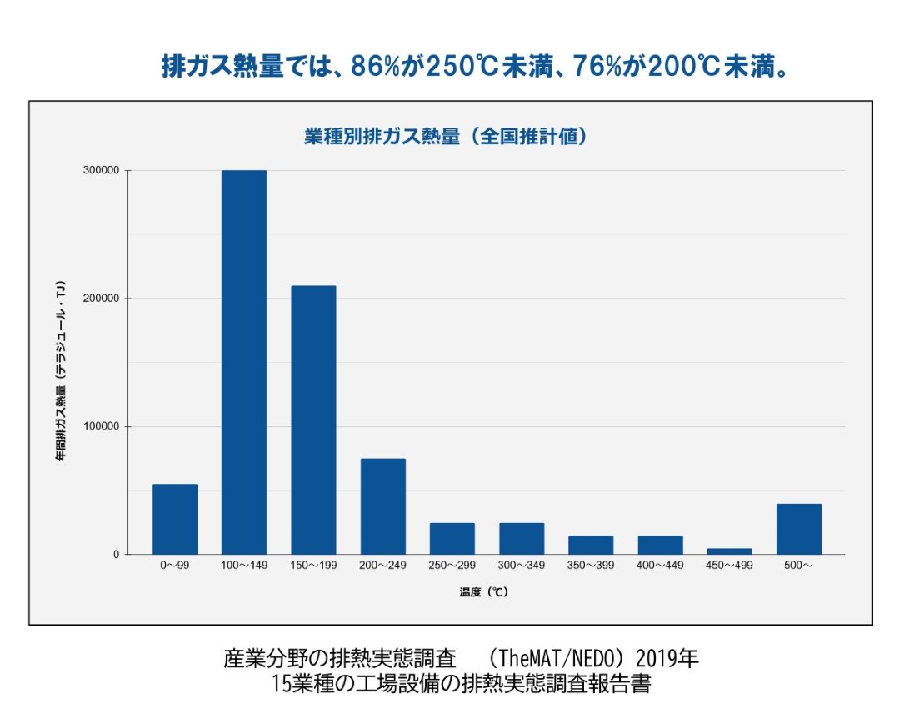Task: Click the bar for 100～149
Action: [243, 362]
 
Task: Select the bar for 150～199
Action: [313, 420]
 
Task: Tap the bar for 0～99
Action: [175, 519]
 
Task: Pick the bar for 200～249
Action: [382, 506]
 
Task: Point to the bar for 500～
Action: [798, 529]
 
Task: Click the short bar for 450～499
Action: [729, 551]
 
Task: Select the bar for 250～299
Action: [452, 538]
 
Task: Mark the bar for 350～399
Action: [591, 545]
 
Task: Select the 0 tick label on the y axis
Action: [117, 555]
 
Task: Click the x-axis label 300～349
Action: [522, 566]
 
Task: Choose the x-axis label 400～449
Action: [660, 566]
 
